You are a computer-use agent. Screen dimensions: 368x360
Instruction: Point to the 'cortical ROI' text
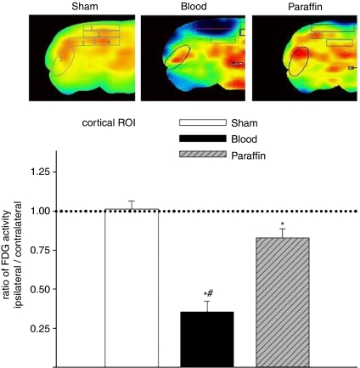(110, 122)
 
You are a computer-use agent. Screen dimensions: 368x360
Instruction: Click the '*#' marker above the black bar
(208, 293)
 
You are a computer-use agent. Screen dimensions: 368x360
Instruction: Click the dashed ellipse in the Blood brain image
(177, 56)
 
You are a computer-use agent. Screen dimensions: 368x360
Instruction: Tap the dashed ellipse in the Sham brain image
(61, 59)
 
